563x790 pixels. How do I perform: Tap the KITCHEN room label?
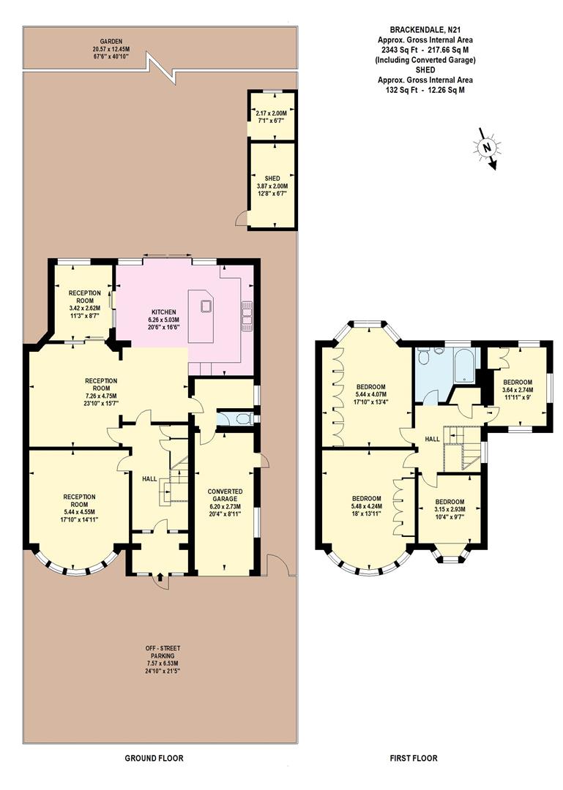coord(164,312)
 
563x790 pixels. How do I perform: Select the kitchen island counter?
coord(200,316)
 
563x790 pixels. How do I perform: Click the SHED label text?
coord(272,178)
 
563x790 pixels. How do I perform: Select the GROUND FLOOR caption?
coord(154,758)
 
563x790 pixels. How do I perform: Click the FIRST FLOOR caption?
coord(414,758)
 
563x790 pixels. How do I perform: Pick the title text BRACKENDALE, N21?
coord(425,31)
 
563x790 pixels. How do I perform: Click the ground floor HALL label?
coord(150,478)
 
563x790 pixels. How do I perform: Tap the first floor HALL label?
coord(433,439)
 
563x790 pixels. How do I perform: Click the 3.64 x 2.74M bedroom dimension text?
coord(518,390)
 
